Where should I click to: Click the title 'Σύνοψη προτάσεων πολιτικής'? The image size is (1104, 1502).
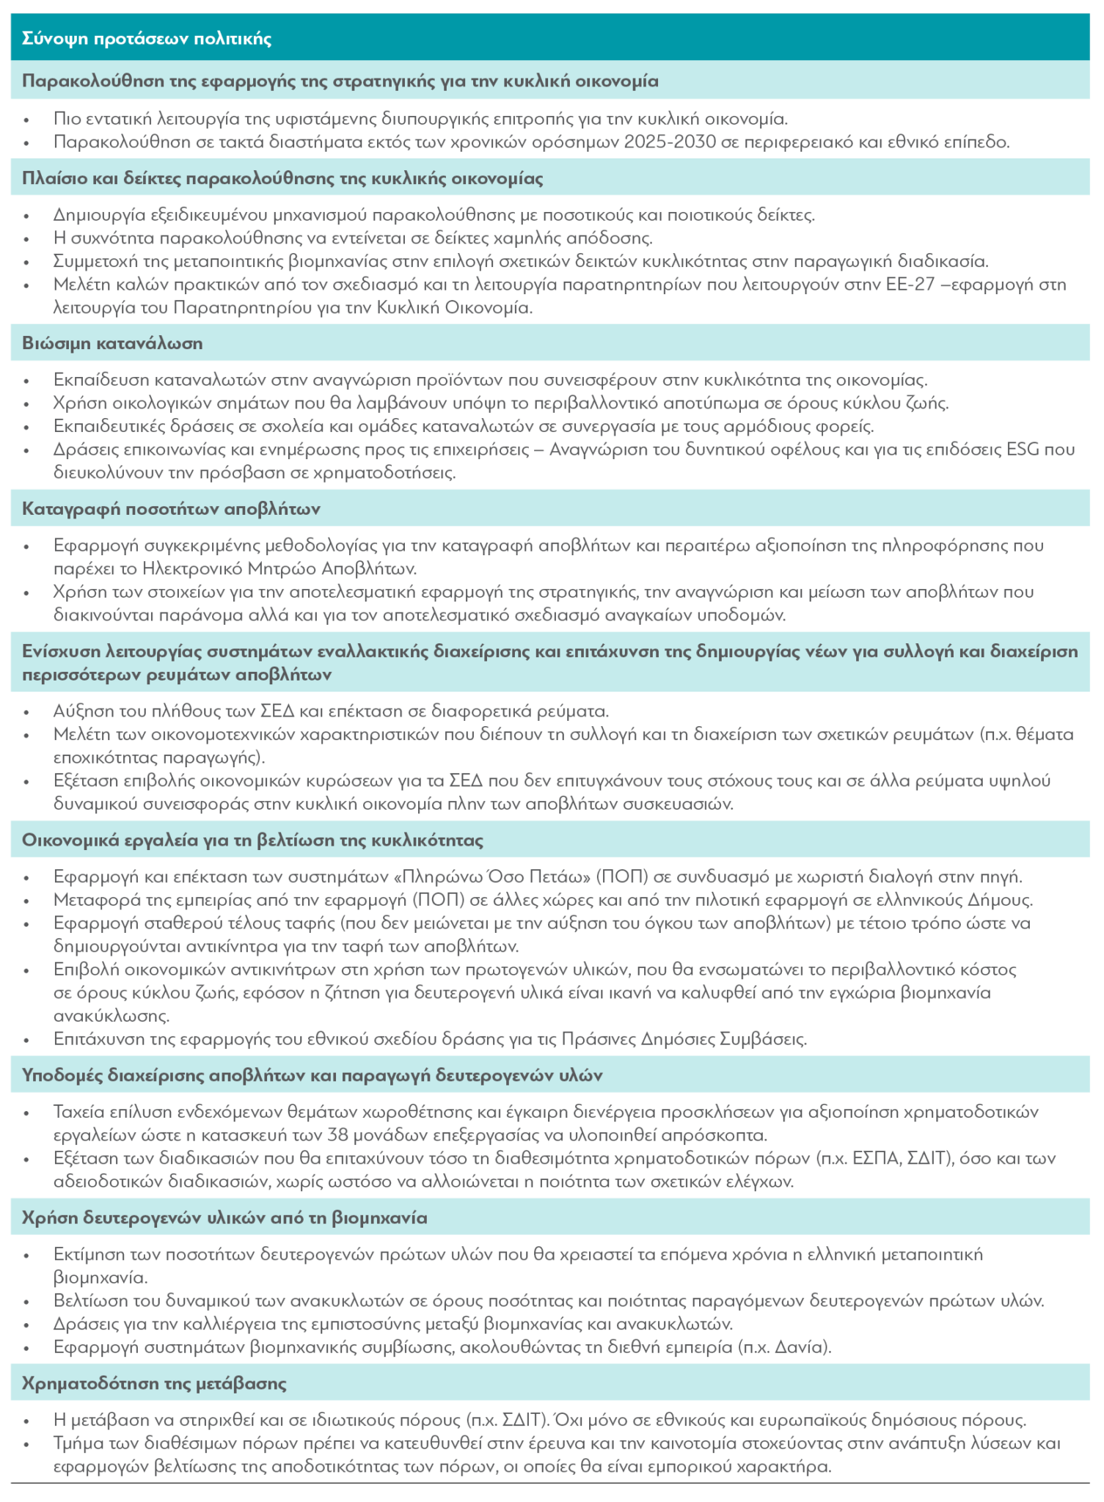tap(147, 39)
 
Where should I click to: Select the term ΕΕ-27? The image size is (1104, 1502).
tap(912, 285)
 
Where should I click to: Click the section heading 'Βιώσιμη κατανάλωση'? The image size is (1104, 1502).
tap(112, 343)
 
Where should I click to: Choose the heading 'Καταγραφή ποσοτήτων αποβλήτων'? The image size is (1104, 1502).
tap(171, 509)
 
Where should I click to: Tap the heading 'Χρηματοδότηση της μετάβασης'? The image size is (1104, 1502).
tap(154, 1384)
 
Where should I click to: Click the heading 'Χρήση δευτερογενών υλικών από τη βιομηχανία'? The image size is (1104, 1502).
tap(224, 1218)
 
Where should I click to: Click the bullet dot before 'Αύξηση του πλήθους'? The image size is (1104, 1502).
tap(28, 712)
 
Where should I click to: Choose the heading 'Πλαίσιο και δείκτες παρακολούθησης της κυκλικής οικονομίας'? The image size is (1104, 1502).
tap(282, 178)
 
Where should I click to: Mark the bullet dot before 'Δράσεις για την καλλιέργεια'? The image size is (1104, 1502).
tap(28, 1325)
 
